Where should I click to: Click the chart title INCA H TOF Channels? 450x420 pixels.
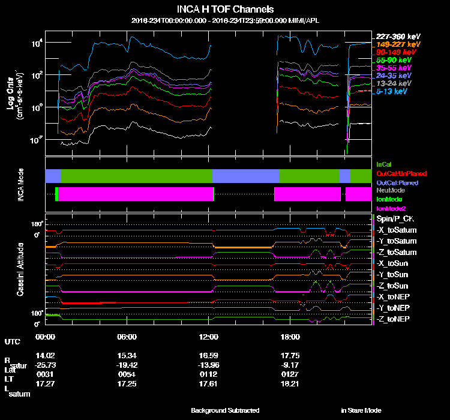click(x=225, y=10)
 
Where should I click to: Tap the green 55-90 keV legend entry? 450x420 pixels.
click(x=394, y=61)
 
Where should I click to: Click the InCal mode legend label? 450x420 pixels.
click(x=384, y=164)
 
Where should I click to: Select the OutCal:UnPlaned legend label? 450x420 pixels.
click(x=401, y=173)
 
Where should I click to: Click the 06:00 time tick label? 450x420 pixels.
click(x=127, y=337)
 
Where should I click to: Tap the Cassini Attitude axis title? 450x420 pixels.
click(x=20, y=269)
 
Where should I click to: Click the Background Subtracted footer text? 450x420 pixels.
click(x=225, y=410)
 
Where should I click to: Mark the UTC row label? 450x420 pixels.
click(x=12, y=342)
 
